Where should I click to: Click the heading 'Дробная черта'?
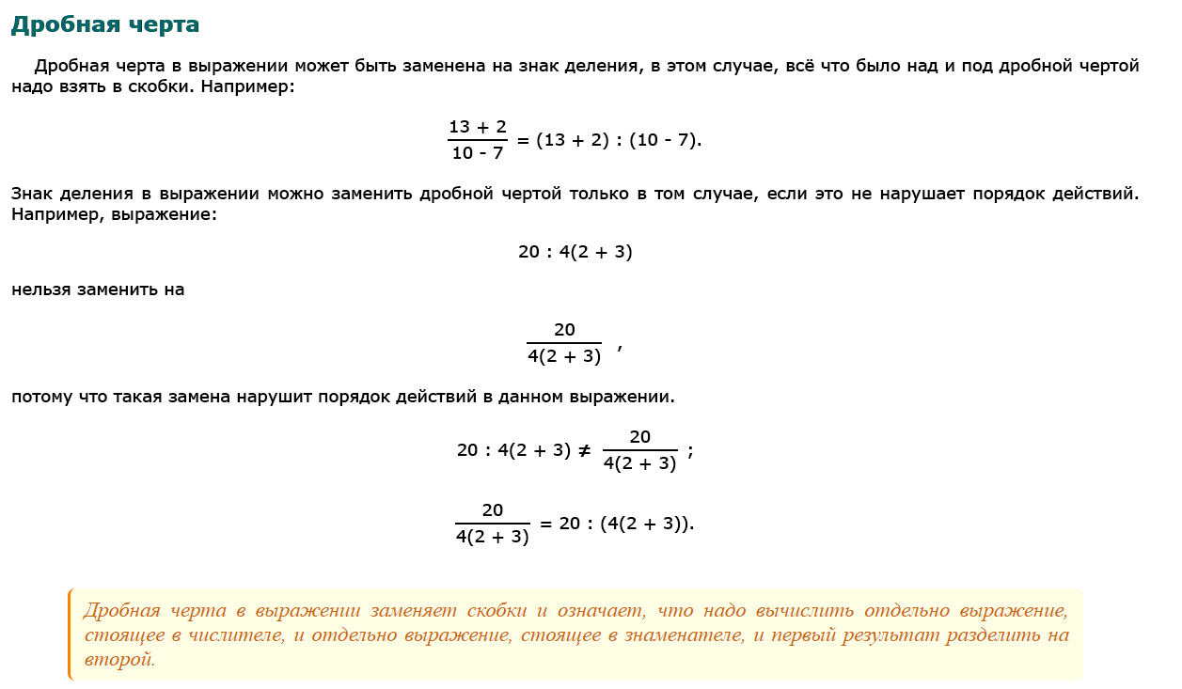tap(104, 24)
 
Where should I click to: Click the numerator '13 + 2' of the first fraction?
tap(478, 127)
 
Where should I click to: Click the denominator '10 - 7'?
tap(478, 152)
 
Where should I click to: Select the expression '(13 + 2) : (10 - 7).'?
tap(620, 140)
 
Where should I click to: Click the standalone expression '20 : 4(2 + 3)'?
tap(575, 252)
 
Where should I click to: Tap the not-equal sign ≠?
tap(584, 450)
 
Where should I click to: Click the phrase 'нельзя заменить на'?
tap(98, 290)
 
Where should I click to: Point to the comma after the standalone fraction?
tap(620, 349)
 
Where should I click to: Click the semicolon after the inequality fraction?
tap(690, 451)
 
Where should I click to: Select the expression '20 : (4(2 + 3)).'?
tap(626, 524)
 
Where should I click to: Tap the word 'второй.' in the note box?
tap(118, 659)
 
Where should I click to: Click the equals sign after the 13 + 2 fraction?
tap(524, 140)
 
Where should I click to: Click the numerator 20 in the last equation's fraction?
tap(493, 510)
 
